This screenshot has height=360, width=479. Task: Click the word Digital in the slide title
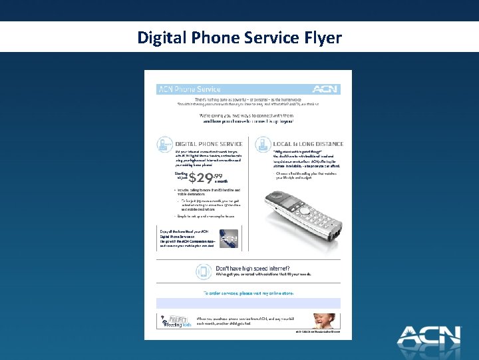(x=160, y=37)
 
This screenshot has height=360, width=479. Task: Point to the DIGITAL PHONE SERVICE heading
(x=209, y=144)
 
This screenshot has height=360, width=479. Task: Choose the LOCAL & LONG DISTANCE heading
(x=308, y=144)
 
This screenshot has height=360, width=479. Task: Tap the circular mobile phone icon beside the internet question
(x=204, y=271)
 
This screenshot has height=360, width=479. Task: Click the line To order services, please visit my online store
(x=247, y=293)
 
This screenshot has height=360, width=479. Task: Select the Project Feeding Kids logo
(x=176, y=322)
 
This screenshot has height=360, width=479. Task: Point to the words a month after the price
(x=222, y=181)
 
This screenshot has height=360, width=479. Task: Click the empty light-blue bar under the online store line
(x=248, y=303)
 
